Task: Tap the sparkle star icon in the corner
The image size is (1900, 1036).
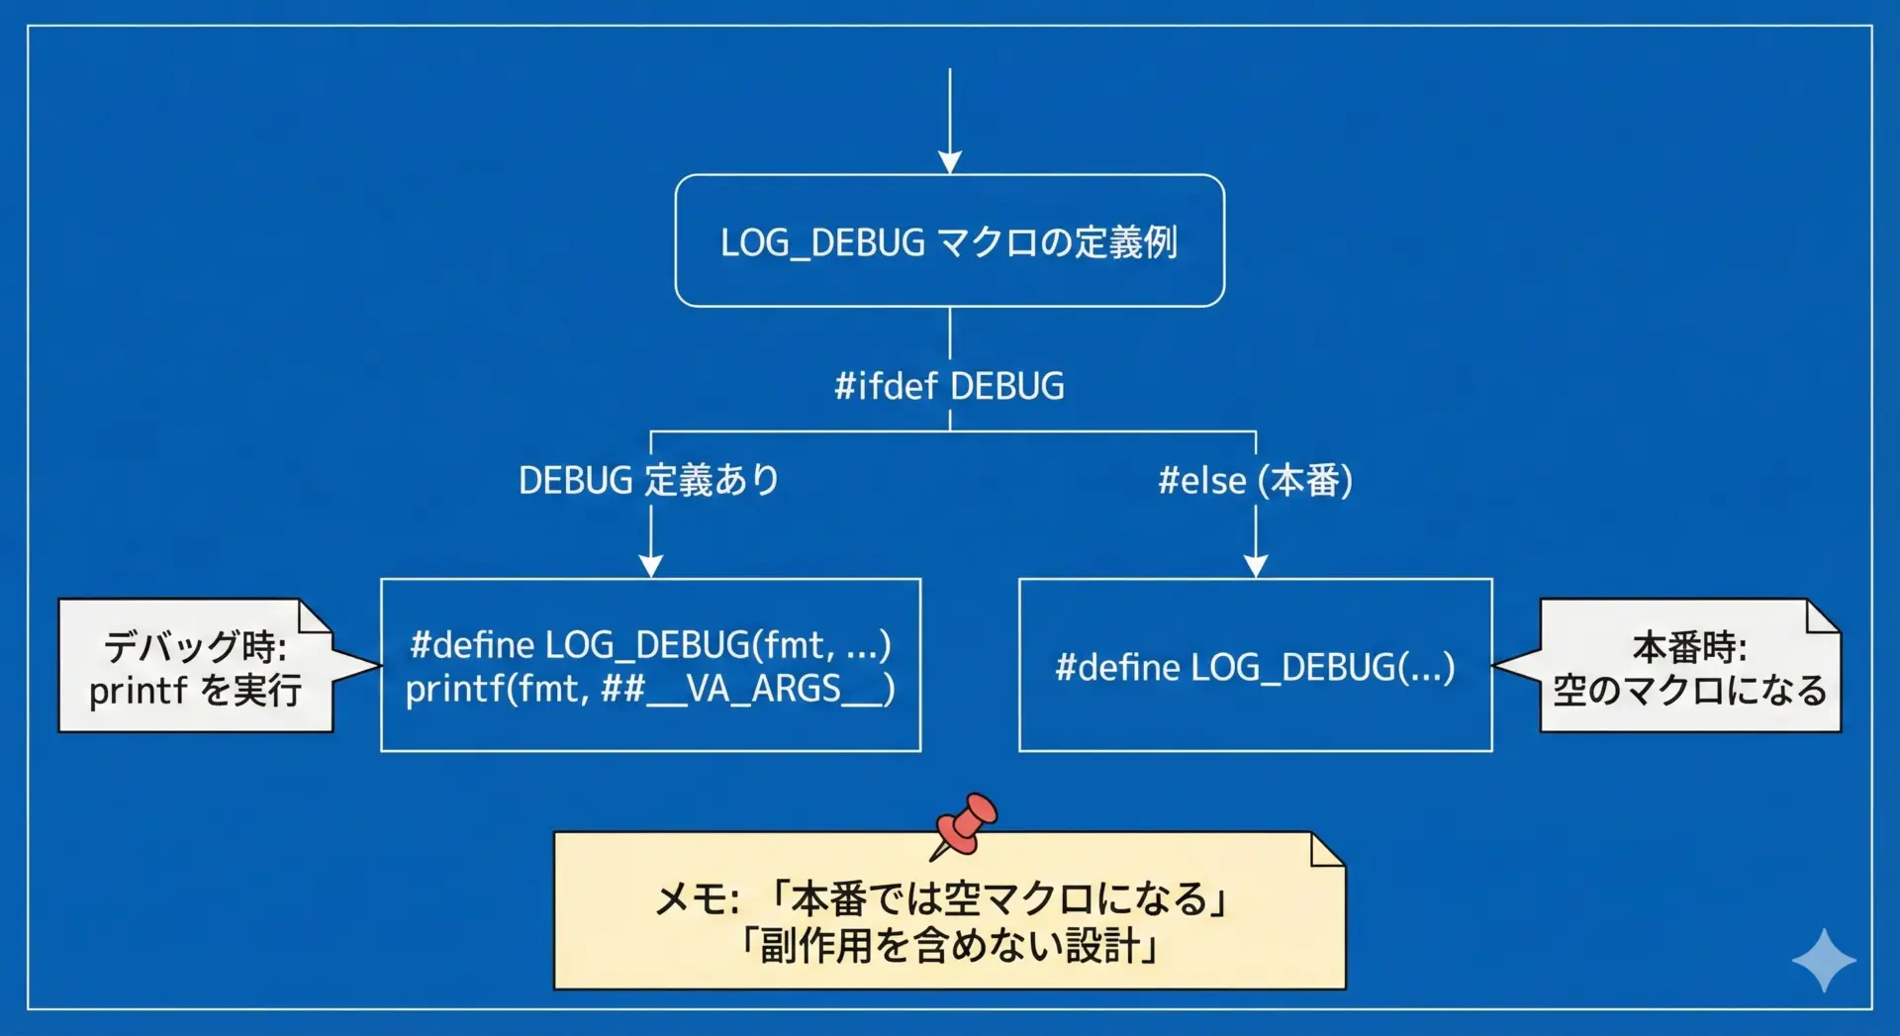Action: tap(1823, 960)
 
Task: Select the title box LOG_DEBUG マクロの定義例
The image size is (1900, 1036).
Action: tap(949, 241)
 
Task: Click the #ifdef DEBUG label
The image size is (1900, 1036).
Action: tap(949, 386)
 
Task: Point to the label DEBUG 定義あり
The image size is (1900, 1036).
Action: tap(649, 481)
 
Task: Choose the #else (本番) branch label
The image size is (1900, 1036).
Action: tap(1255, 481)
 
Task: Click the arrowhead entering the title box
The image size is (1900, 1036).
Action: tap(950, 162)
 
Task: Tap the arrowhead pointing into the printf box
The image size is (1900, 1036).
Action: tap(650, 566)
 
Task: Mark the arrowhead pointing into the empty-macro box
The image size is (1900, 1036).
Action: tap(1256, 566)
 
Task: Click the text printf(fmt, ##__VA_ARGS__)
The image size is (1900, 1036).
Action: tap(650, 689)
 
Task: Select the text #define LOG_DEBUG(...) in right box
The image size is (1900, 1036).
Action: tap(1255, 668)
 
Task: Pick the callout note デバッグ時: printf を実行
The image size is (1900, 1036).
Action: tap(196, 667)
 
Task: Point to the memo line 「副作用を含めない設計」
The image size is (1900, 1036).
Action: tap(950, 946)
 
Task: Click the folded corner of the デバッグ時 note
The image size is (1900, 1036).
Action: tap(315, 615)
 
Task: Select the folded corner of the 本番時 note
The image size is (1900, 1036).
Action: tap(1822, 615)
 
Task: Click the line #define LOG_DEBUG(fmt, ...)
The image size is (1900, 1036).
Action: tap(650, 645)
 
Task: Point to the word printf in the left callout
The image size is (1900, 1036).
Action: tap(138, 691)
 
